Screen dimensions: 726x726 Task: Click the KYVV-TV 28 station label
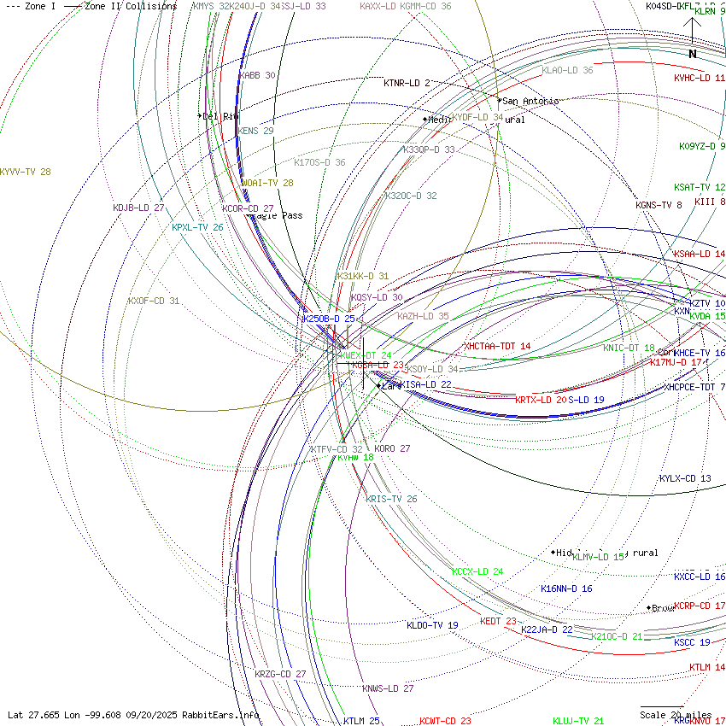26,172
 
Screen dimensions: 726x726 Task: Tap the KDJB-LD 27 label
138,208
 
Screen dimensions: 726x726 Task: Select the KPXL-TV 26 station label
197,228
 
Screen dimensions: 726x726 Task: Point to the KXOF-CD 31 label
154,301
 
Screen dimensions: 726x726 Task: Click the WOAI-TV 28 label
267,183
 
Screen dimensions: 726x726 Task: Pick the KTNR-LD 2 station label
407,83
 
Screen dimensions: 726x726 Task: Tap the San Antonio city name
530,101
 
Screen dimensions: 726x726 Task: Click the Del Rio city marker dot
199,115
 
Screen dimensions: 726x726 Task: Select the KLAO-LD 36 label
567,70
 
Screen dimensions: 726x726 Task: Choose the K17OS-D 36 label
319,162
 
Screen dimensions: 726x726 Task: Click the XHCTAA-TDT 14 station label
497,346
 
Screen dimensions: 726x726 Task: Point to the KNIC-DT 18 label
629,348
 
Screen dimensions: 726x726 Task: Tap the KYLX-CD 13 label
685,478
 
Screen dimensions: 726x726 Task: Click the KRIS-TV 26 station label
391,499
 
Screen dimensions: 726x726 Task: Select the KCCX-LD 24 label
477,571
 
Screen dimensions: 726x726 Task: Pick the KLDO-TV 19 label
432,625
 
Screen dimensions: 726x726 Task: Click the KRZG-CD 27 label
280,674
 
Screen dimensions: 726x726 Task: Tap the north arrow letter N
693,54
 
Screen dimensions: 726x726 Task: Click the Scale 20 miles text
676,715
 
